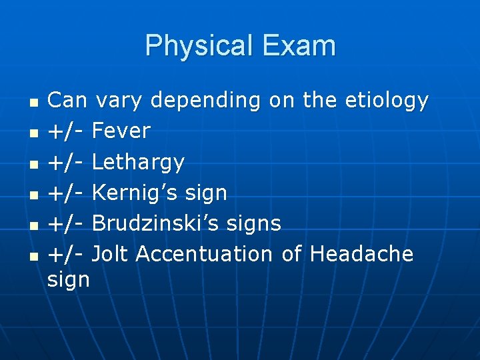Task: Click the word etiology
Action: (x=387, y=101)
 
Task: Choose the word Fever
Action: (x=121, y=131)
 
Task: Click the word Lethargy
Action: (x=137, y=162)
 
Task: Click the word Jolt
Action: (x=111, y=254)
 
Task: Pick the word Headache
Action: (x=361, y=254)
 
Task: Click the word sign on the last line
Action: (x=69, y=279)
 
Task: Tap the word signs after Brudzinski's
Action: (x=253, y=224)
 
